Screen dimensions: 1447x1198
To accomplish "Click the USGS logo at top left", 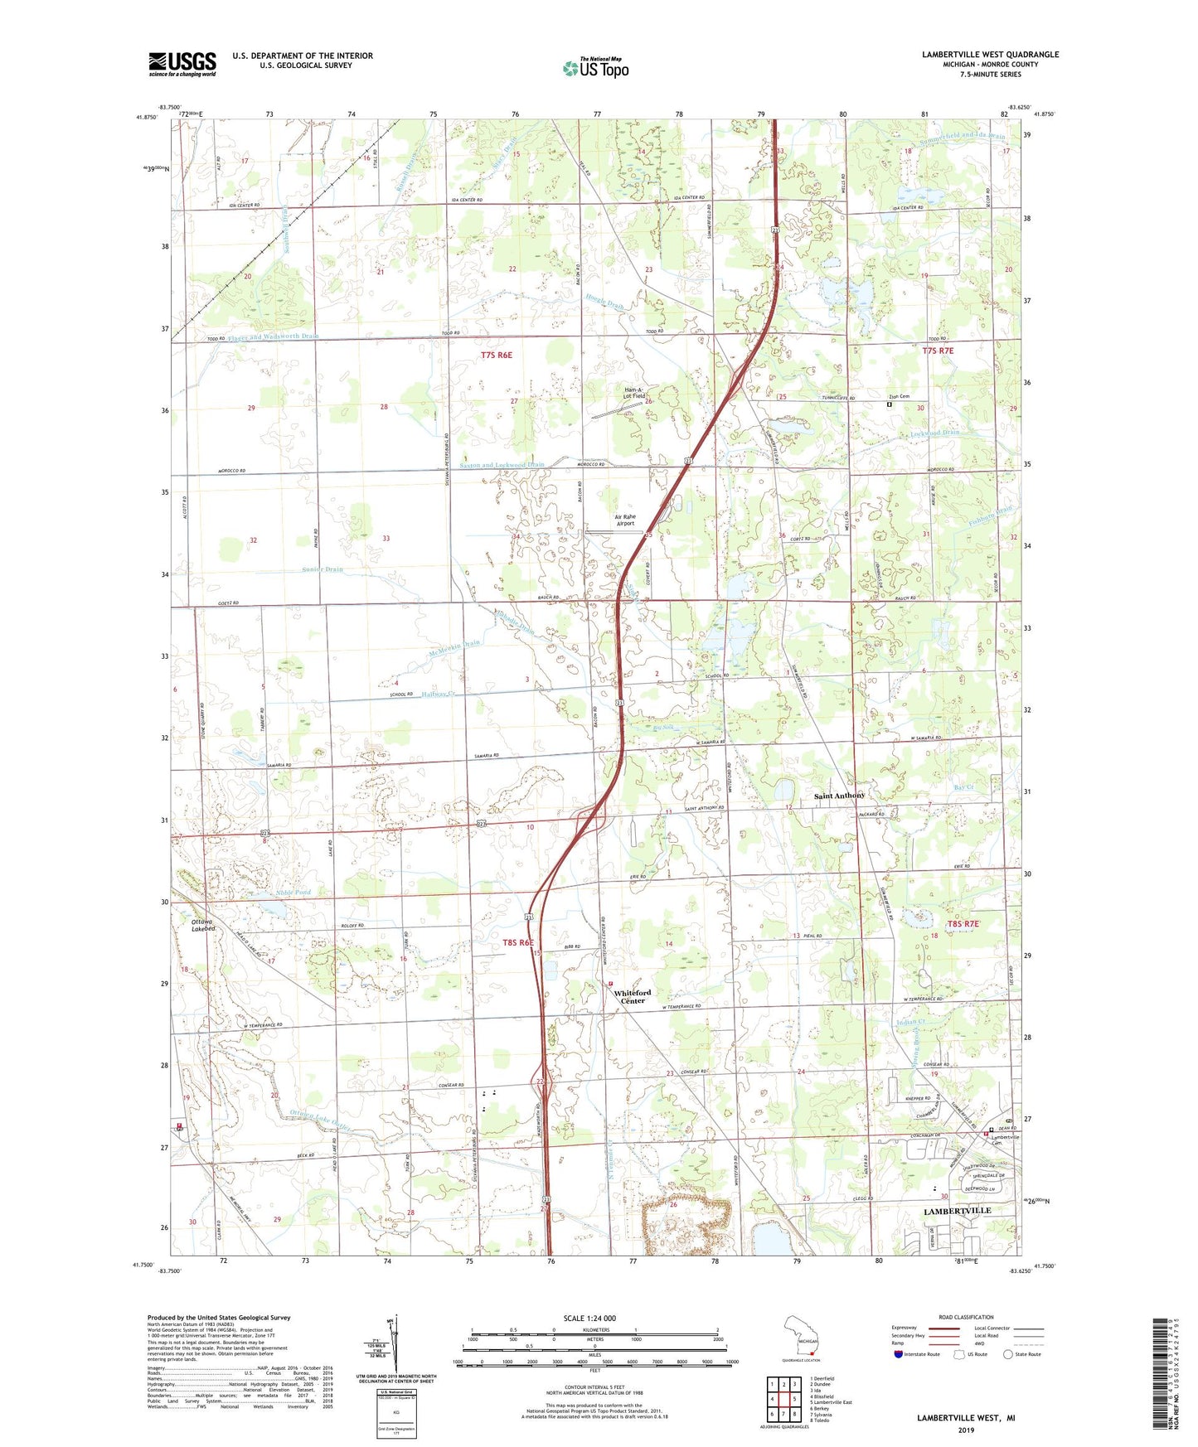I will pyautogui.click(x=182, y=64).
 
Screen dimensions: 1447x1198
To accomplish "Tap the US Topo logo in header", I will pyautogui.click(x=594, y=67).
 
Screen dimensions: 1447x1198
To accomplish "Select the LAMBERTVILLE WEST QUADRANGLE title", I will pyautogui.click(x=990, y=55).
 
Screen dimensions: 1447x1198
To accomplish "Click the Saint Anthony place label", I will pyautogui.click(x=839, y=796).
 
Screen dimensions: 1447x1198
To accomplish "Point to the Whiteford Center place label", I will pyautogui.click(x=633, y=996).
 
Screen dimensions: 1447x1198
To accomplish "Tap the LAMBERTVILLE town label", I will pyautogui.click(x=958, y=1211).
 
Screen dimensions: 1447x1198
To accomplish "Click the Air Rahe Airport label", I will pyautogui.click(x=625, y=520).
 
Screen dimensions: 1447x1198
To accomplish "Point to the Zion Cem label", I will pyautogui.click(x=899, y=396).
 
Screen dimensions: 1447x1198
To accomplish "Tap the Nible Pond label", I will pyautogui.click(x=293, y=893).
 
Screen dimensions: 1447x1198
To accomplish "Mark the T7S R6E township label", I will pyautogui.click(x=497, y=355).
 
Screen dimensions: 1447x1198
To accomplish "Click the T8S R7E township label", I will pyautogui.click(x=963, y=923).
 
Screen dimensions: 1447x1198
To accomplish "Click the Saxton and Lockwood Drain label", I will pyautogui.click(x=502, y=465).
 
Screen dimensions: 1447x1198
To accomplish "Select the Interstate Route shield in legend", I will pyautogui.click(x=898, y=1355).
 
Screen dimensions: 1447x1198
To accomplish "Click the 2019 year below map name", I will pyautogui.click(x=966, y=1430).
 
